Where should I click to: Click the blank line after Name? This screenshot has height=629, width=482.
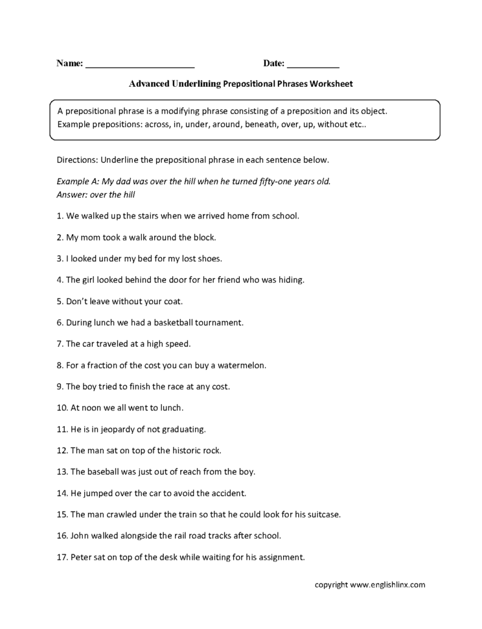pos(140,65)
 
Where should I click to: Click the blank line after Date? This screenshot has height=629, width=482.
pos(313,65)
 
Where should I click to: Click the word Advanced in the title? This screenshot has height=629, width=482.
pos(149,84)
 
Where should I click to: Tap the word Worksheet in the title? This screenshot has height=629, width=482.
pos(331,84)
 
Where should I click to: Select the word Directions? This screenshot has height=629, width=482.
pos(76,160)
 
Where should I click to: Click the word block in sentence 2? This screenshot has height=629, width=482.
pos(202,237)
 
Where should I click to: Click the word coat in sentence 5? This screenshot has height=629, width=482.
pos(173,301)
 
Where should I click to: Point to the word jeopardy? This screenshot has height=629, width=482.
pos(123,429)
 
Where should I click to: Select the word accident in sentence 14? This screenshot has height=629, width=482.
pos(228,493)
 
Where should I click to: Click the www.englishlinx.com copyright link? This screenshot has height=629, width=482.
pos(387,585)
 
